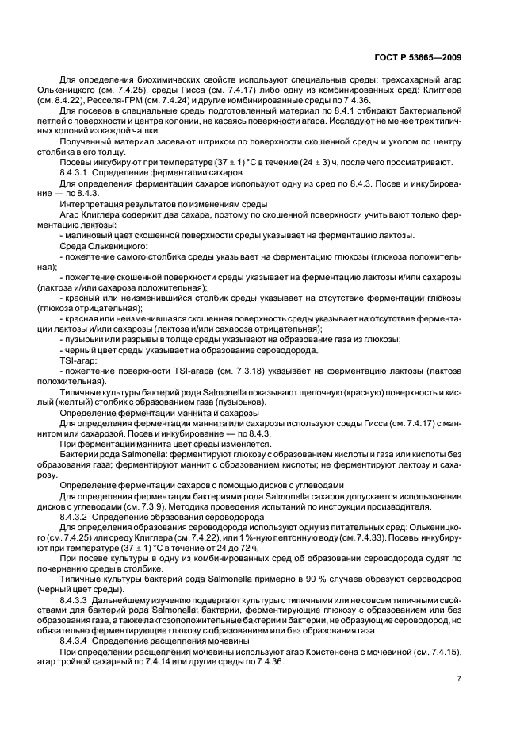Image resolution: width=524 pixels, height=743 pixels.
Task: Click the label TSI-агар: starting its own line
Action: [x=77, y=360]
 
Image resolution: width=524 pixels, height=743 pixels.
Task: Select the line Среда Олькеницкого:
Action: [x=98, y=247]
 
